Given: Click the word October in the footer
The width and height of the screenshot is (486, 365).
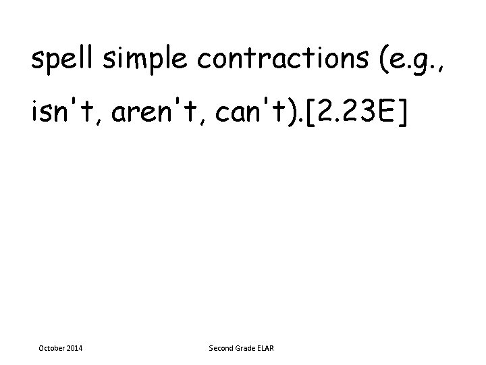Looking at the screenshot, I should pos(49,348).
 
